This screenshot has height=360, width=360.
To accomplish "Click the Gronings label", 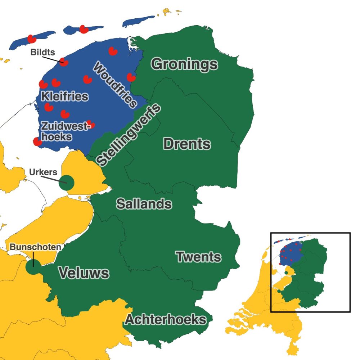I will pyautogui.click(x=184, y=64).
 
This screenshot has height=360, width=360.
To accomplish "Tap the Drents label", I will pyautogui.click(x=186, y=144).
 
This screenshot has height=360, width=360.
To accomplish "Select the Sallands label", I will pyautogui.click(x=144, y=204).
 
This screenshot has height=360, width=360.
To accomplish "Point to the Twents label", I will pyautogui.click(x=198, y=257).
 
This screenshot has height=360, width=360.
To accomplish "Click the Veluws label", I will pyautogui.click(x=84, y=273).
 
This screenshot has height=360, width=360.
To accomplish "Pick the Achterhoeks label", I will pyautogui.click(x=166, y=319).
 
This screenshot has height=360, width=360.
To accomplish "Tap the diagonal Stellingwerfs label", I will pyautogui.click(x=129, y=135).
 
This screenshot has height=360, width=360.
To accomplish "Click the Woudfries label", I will pyautogui.click(x=115, y=85).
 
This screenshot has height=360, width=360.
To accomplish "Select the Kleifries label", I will pyautogui.click(x=64, y=96).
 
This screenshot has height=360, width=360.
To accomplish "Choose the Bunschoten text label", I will pyautogui.click(x=35, y=247).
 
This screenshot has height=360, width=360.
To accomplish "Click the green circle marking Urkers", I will pyautogui.click(x=67, y=183).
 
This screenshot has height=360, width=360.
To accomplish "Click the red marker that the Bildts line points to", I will pyautogui.click(x=64, y=62).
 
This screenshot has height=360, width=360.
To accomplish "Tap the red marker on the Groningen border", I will pyautogui.click(x=131, y=77).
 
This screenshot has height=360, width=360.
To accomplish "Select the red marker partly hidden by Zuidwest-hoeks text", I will pyautogui.click(x=91, y=125).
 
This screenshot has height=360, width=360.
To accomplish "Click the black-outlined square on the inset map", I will pyautogui.click(x=310, y=272).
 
